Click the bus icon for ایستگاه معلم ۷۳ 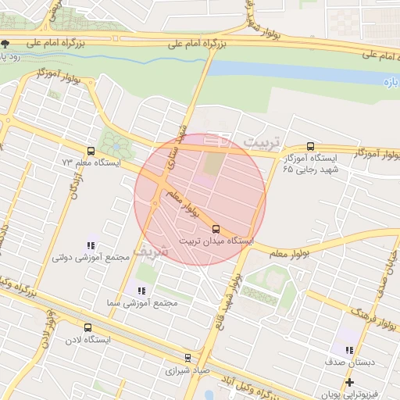coord(91,152)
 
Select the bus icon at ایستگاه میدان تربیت coord(216,230)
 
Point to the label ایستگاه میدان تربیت coord(216,242)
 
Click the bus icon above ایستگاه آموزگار coord(310,146)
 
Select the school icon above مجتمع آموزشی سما coord(141,291)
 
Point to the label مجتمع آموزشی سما coord(141,302)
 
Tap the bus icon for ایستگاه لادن coord(87,329)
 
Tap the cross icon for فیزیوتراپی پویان coord(349,382)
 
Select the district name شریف coord(151,252)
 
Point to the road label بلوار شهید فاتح coord(234,290)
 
